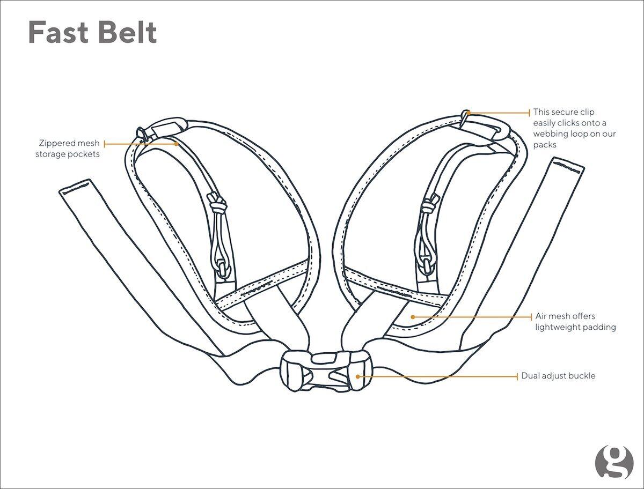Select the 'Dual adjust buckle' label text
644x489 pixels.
[x=558, y=376]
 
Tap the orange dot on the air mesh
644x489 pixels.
[x=413, y=317]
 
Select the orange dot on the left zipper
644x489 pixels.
[x=176, y=144]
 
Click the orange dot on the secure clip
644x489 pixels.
[x=468, y=113]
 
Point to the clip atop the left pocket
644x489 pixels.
[x=161, y=128]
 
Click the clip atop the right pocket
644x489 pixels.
[x=486, y=127]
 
